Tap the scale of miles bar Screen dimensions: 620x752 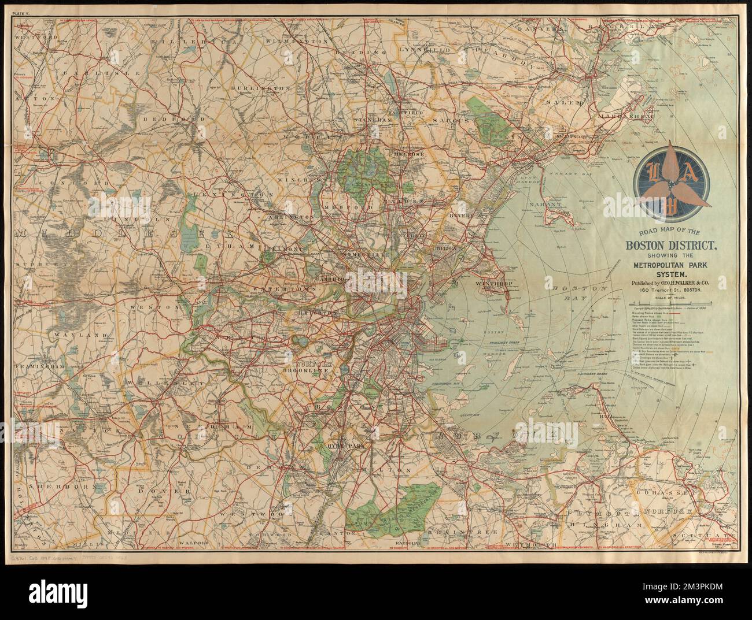tap(670, 303)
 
